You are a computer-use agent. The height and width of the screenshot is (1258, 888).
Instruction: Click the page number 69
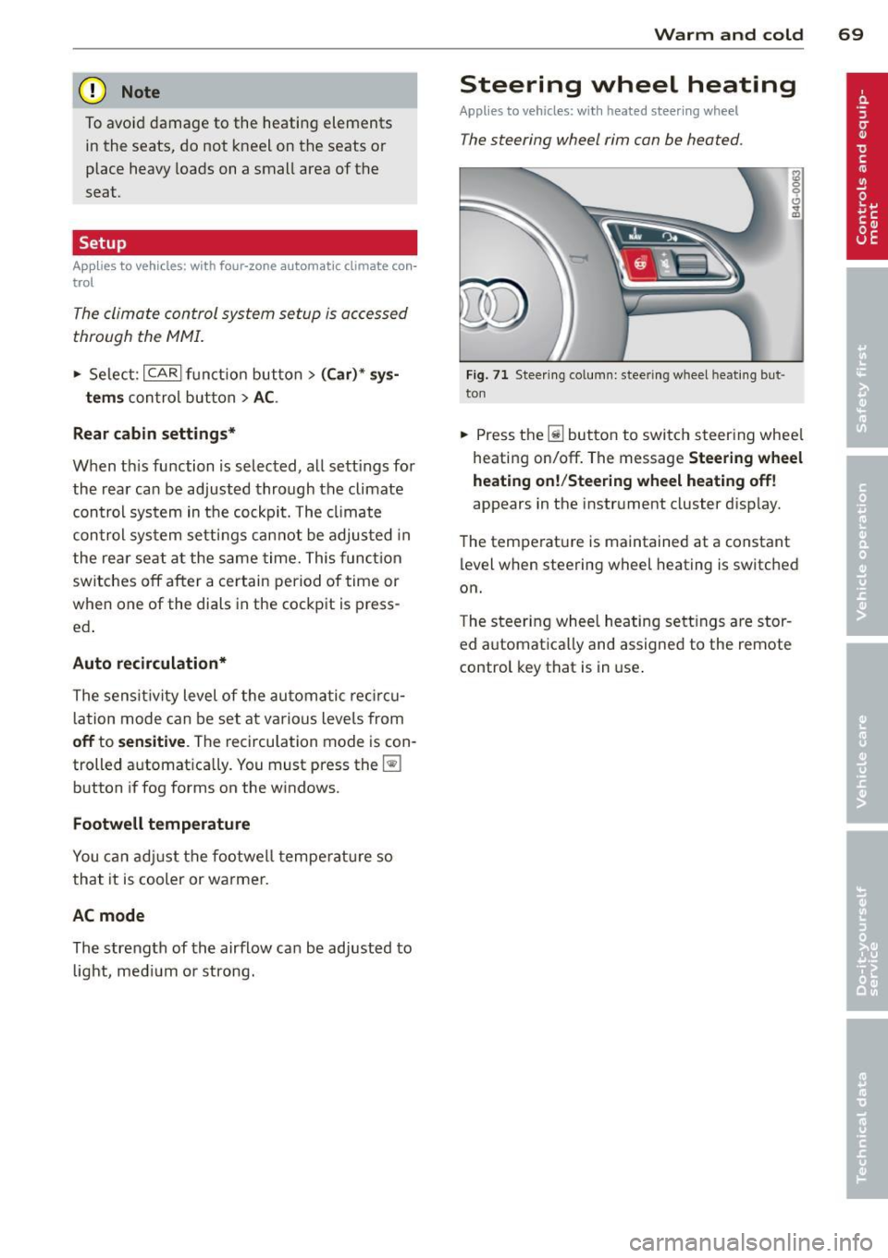point(850,34)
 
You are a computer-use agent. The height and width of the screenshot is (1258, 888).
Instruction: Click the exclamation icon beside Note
point(93,92)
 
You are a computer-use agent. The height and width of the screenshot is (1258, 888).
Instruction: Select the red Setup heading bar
point(244,243)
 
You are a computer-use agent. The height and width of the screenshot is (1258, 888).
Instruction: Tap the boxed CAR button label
point(163,373)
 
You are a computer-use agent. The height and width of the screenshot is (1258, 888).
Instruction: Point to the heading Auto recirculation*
point(150,663)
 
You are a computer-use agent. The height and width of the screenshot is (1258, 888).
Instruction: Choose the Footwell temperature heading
point(161,824)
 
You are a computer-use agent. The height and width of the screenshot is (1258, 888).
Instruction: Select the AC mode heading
point(108,915)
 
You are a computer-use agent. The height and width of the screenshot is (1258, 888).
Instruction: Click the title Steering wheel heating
point(627,85)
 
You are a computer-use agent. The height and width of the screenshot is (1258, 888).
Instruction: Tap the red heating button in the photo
point(639,265)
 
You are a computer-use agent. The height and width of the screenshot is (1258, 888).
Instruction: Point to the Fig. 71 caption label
point(487,375)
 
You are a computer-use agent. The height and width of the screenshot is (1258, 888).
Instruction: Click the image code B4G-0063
point(797,195)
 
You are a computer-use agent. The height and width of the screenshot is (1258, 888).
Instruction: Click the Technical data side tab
point(865,1107)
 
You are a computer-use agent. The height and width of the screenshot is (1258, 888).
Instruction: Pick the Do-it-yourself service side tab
point(865,921)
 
